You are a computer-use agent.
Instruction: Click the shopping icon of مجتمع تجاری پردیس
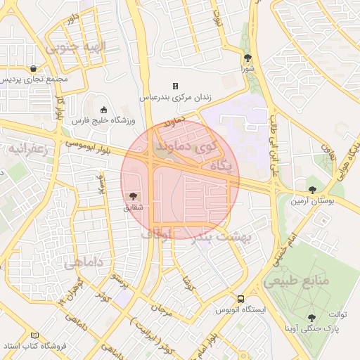tap(34, 69)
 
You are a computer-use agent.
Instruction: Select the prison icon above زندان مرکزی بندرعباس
tap(176, 86)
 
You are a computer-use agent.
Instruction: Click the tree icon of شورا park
tap(247, 58)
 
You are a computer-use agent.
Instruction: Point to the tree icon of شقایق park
tap(134, 195)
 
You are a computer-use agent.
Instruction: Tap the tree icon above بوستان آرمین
tap(313, 189)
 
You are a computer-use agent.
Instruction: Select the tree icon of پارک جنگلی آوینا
tap(311, 318)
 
